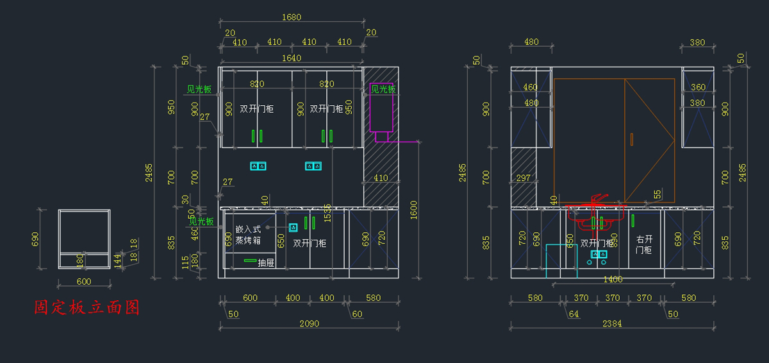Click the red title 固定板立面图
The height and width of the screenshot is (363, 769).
(x=87, y=308)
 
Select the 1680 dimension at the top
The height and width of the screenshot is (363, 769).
(x=292, y=17)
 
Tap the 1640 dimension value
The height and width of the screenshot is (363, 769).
(x=292, y=58)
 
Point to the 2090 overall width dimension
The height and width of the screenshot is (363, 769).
(x=310, y=324)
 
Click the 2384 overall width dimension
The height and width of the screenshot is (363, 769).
(x=612, y=324)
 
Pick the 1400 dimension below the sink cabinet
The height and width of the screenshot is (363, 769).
(x=613, y=279)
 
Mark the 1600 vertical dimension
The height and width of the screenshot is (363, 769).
(x=413, y=208)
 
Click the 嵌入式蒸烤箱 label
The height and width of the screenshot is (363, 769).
(x=248, y=235)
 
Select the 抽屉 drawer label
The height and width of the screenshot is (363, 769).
(x=266, y=262)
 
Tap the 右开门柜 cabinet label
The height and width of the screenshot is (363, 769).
(x=643, y=244)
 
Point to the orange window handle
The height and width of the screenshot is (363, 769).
(x=632, y=139)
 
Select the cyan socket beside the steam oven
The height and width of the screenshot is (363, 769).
(x=294, y=227)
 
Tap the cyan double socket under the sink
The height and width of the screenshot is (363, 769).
(x=599, y=255)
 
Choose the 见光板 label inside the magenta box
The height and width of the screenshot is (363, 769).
(x=383, y=89)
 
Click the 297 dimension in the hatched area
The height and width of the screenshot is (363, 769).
(x=523, y=178)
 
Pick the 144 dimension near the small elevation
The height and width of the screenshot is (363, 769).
(x=117, y=260)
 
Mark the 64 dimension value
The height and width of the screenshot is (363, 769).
(x=574, y=314)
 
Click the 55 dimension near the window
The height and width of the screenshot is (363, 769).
(x=657, y=194)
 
